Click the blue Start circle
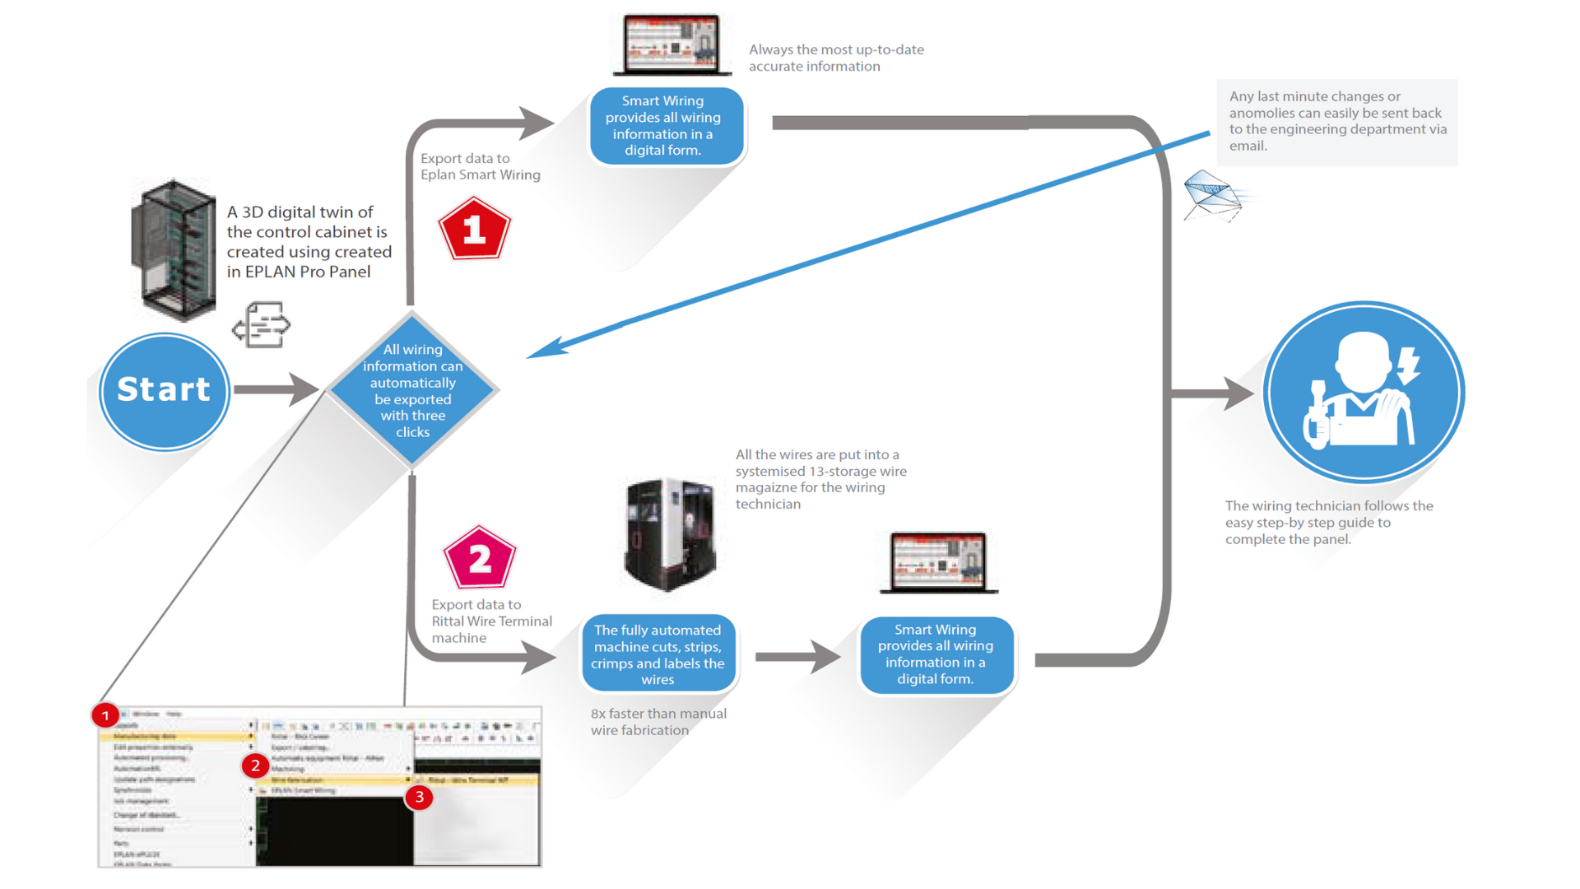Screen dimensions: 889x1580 click(x=164, y=391)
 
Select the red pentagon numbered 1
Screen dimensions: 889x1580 click(x=474, y=230)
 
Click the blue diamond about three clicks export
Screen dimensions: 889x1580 click(x=412, y=390)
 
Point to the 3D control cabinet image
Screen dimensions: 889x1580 click(x=174, y=249)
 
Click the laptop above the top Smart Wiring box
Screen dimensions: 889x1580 click(x=671, y=45)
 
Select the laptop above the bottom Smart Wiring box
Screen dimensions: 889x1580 click(x=938, y=563)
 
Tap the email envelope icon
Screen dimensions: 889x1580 click(x=1211, y=196)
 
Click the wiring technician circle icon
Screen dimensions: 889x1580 click(x=1363, y=392)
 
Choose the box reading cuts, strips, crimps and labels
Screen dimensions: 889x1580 click(x=658, y=654)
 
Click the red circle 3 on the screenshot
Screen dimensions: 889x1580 click(x=420, y=797)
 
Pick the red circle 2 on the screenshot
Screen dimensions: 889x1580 click(x=255, y=766)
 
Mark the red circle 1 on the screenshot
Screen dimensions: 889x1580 click(x=105, y=715)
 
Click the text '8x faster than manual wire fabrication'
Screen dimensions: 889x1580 click(x=658, y=722)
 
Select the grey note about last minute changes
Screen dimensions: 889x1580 click(x=1337, y=122)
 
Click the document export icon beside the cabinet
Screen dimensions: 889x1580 click(x=262, y=325)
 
